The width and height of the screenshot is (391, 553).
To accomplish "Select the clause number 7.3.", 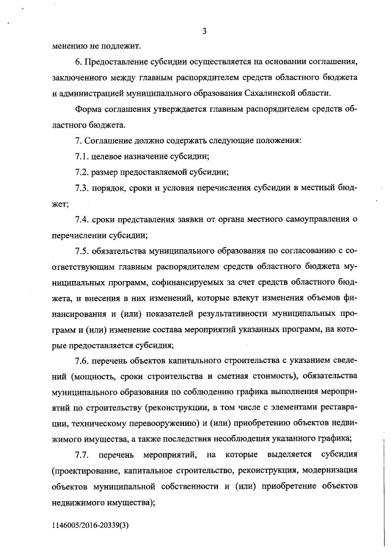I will point(82,188).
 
